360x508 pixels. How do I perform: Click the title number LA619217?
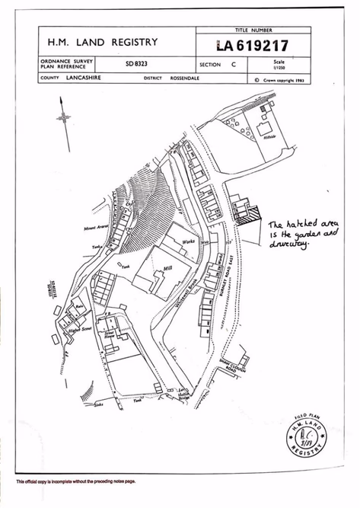[253, 46]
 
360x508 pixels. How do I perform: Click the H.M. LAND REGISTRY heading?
[103, 43]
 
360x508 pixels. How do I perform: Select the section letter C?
[233, 65]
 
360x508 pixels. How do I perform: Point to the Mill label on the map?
[169, 269]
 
